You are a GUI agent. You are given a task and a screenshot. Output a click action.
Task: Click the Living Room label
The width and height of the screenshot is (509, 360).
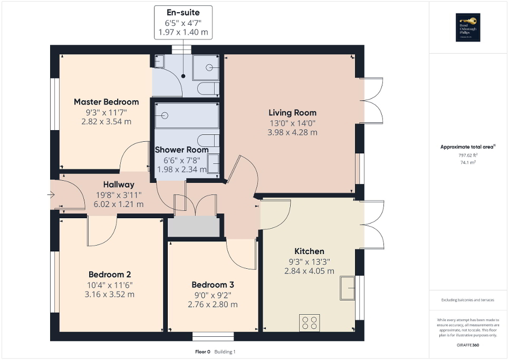292,112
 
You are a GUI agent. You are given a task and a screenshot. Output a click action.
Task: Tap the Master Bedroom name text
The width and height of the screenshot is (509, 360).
106,102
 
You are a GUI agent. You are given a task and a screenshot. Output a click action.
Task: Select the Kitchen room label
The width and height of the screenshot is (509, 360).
309,251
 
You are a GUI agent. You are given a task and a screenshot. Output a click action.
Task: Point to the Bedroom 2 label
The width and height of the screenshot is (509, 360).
110,275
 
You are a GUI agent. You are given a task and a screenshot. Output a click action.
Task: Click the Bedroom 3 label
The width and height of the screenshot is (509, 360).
213,285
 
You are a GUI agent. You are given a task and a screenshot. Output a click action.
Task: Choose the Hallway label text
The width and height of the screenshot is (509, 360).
119,184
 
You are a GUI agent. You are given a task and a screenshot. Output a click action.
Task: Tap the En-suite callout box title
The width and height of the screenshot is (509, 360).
183,12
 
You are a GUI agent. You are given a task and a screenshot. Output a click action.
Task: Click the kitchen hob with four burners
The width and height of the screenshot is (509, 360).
309,322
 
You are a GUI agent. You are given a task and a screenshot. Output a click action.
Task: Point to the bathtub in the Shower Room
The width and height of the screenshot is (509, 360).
186,115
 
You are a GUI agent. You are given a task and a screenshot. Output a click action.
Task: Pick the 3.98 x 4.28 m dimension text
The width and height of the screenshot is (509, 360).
292,132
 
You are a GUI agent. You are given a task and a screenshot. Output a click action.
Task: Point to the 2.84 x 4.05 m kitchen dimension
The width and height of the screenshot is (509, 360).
309,271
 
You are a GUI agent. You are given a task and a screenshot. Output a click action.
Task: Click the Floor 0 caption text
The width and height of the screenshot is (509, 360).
202,352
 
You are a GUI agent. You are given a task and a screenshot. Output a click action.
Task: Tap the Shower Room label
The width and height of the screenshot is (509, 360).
181,150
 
